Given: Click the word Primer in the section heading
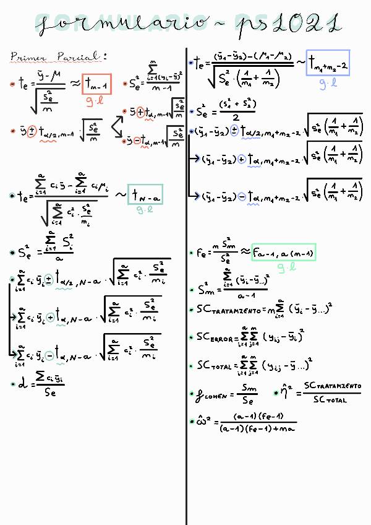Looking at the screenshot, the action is click(x=25, y=57).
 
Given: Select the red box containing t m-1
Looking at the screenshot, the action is click(x=96, y=83).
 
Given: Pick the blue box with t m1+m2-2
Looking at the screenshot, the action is click(x=328, y=63).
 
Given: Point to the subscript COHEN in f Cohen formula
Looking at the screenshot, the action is click(x=216, y=395).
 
